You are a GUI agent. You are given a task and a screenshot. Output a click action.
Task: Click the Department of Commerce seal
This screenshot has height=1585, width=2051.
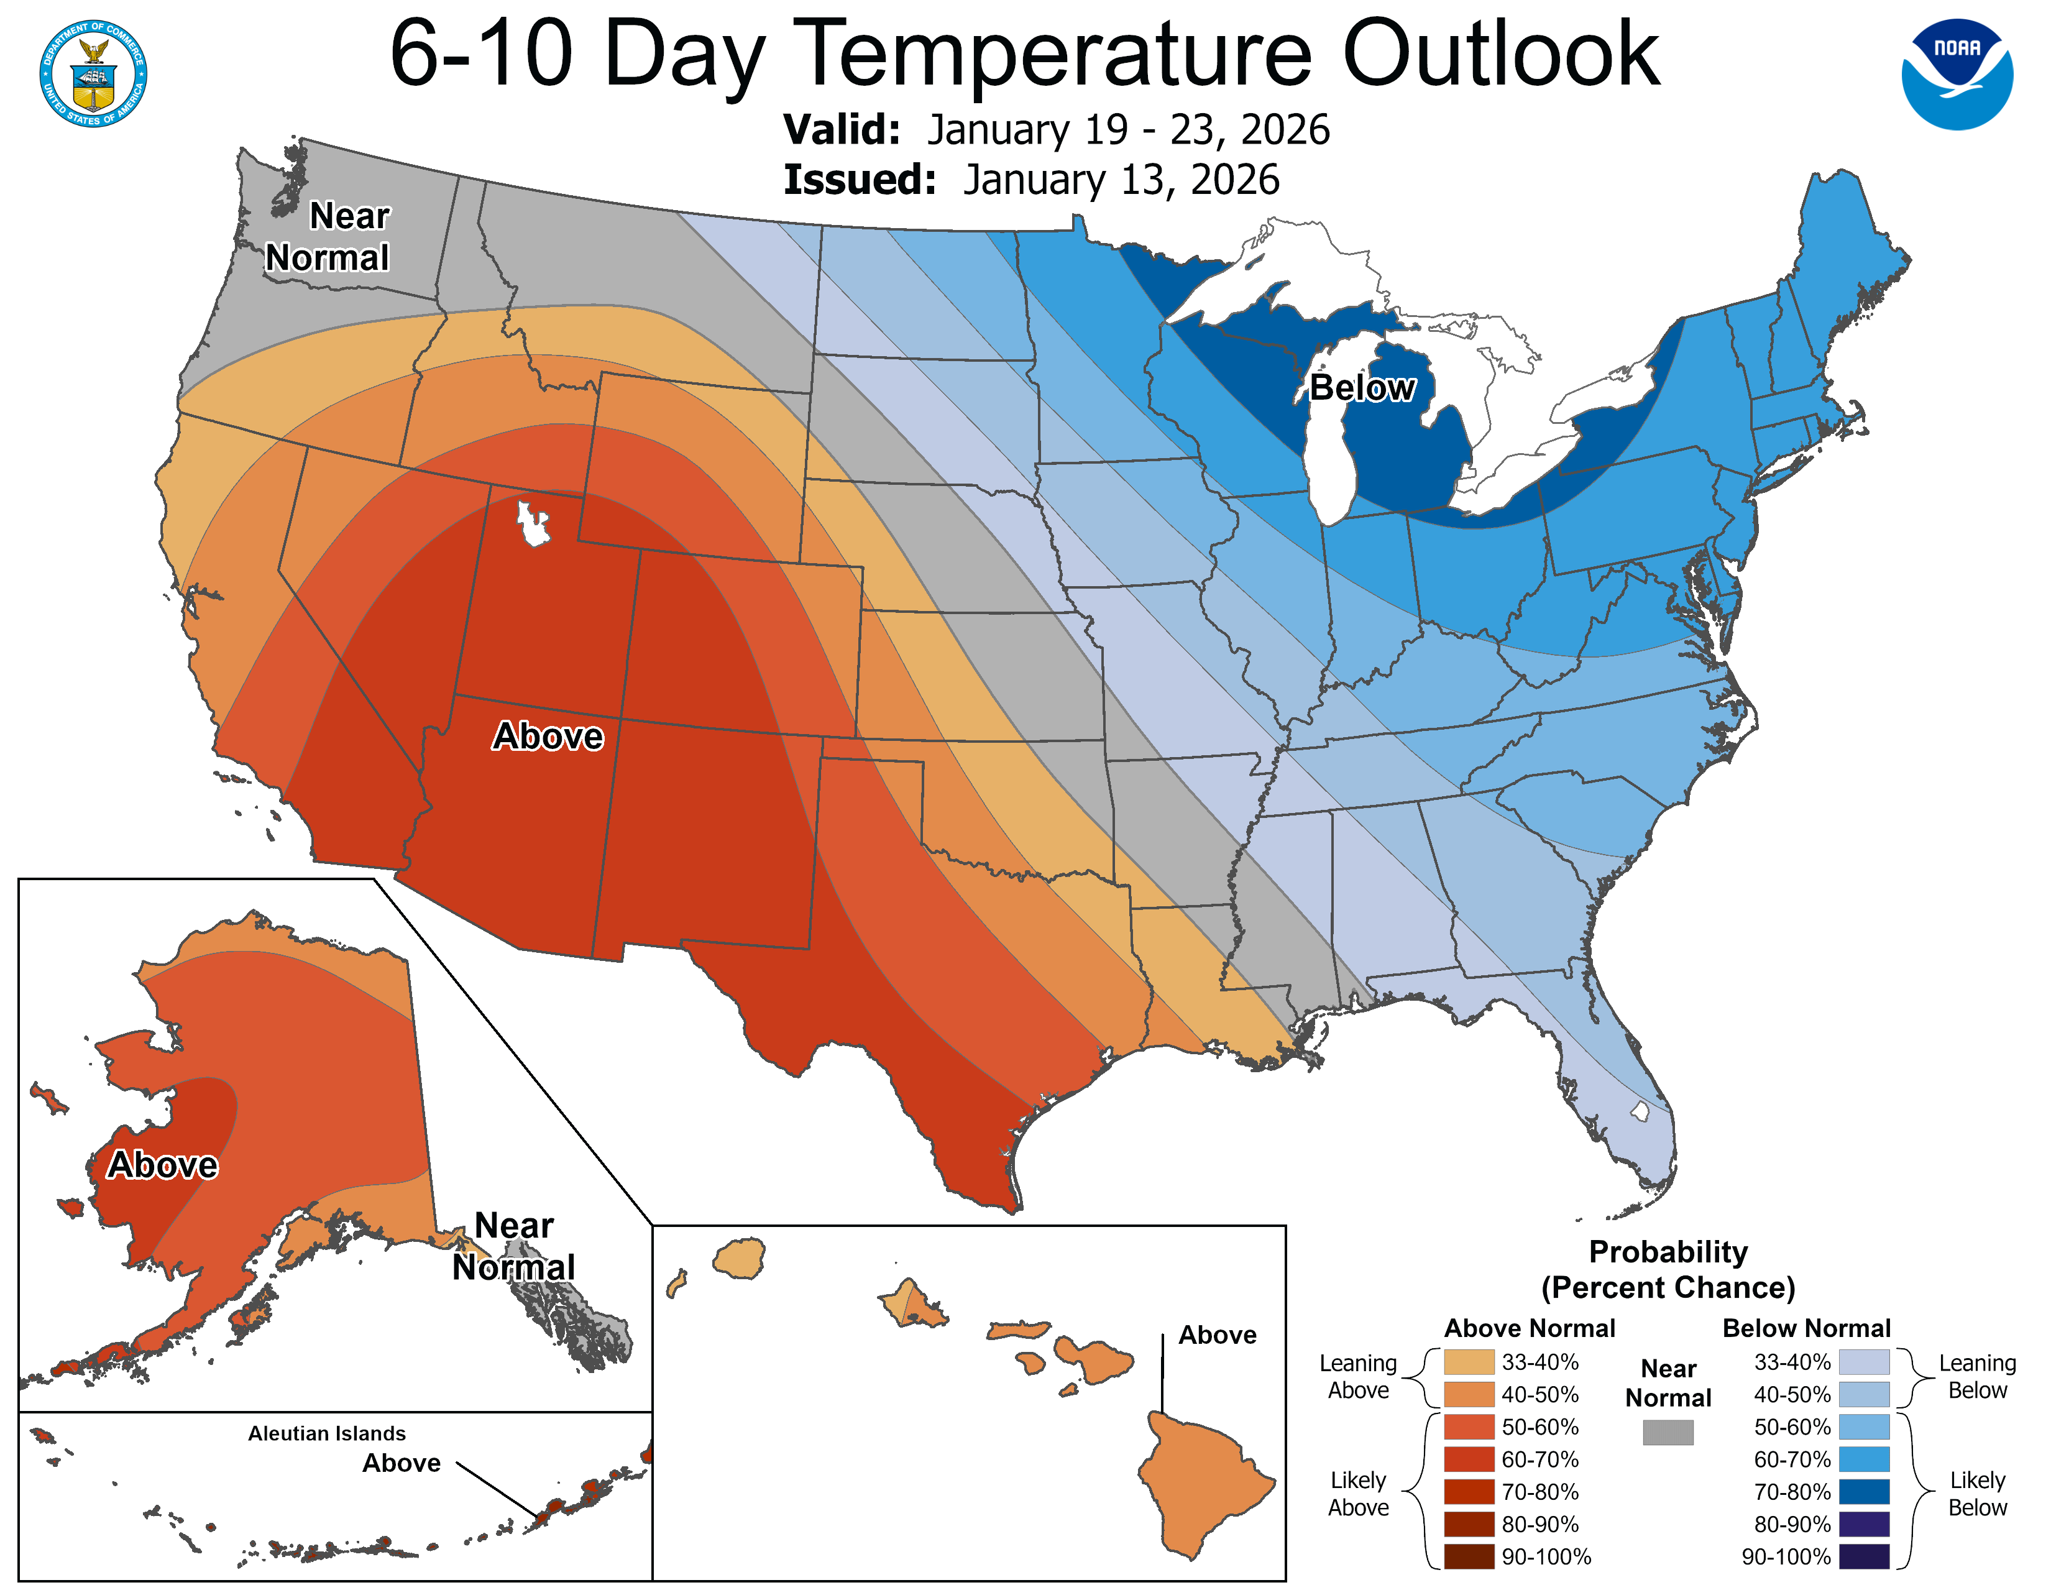(93, 73)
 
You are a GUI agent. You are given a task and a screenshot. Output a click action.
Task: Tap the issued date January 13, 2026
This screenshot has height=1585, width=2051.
(1121, 180)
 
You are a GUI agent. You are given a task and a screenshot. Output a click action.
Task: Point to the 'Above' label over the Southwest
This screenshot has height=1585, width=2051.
(548, 736)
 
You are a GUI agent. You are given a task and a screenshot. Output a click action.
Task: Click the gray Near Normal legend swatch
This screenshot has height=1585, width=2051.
(1668, 1432)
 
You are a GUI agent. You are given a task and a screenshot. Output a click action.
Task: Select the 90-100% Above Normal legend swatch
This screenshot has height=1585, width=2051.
(1469, 1557)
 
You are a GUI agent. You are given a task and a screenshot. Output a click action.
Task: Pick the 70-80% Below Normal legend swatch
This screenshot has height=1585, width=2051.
(1863, 1492)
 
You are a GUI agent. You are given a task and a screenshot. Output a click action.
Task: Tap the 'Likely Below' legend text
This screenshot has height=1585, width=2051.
(1977, 1493)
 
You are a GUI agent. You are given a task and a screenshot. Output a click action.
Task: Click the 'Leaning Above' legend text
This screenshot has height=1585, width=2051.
(1358, 1377)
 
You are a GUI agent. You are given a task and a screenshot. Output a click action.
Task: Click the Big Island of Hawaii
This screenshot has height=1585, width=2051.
(1202, 1484)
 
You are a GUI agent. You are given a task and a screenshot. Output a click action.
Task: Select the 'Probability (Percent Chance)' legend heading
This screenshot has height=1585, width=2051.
(1668, 1269)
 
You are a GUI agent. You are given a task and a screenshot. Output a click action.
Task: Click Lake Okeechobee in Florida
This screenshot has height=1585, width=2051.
(1640, 1112)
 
